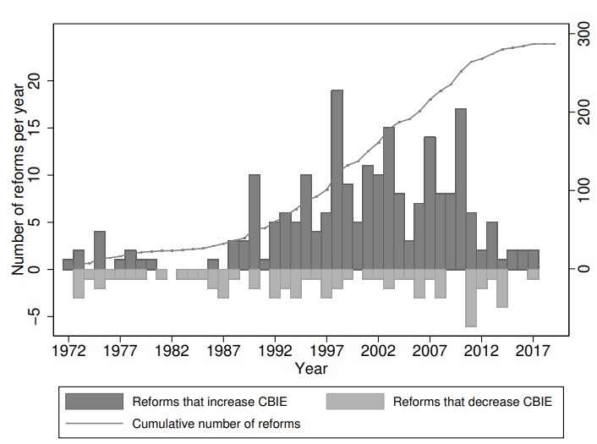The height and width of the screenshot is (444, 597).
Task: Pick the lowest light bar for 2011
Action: (x=471, y=298)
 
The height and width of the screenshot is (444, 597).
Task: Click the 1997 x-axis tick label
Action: (x=326, y=349)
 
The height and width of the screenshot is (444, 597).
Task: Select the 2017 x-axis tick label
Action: (x=533, y=349)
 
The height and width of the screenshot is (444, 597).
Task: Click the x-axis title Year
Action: (x=311, y=369)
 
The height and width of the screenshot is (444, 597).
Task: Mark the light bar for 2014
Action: (x=501, y=288)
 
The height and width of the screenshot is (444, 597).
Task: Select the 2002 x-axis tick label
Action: (x=378, y=349)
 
